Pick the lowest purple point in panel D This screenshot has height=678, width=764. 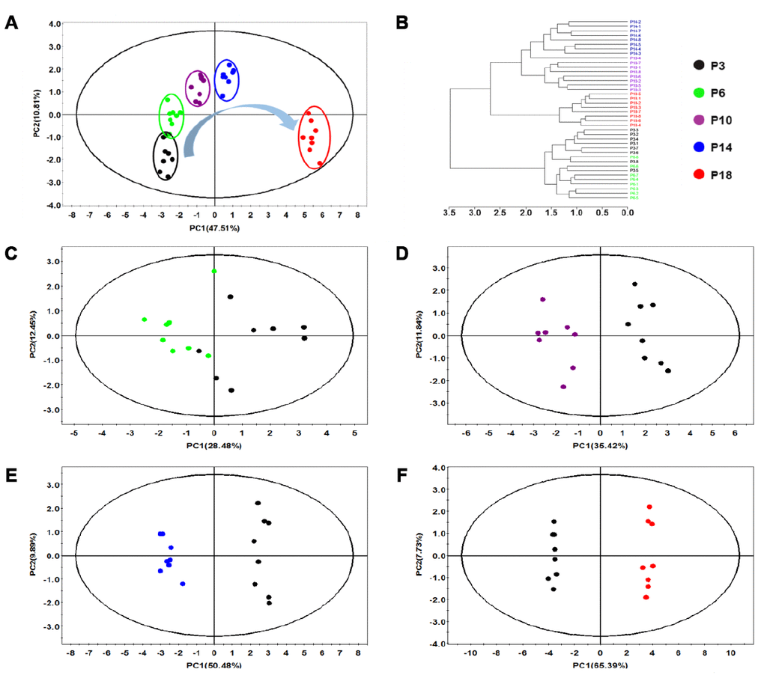click(x=563, y=387)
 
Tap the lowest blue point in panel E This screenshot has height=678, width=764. click(x=183, y=584)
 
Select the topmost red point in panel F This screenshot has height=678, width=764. click(x=649, y=507)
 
